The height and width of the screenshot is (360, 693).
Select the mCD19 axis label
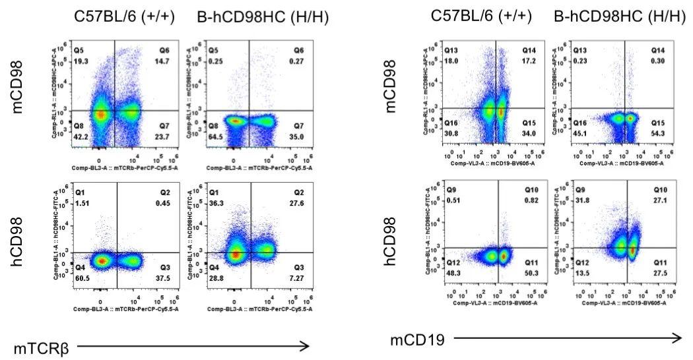pyautogui.click(x=417, y=340)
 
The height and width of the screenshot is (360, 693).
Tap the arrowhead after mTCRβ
pyautogui.click(x=305, y=345)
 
